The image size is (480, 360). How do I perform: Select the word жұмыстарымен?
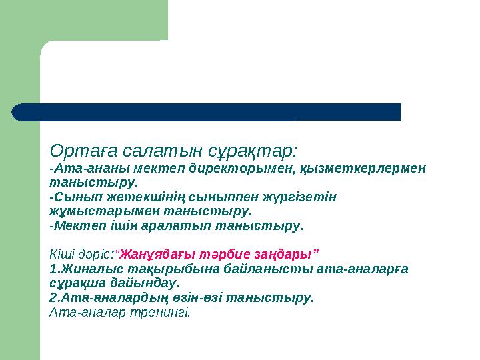point(89,211)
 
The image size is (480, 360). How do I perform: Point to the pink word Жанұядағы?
point(153,254)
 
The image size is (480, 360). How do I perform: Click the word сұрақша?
point(73,283)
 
